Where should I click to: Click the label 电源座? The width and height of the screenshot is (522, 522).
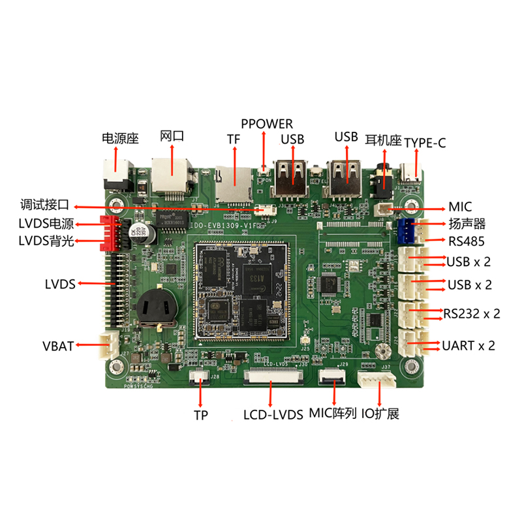click(121, 138)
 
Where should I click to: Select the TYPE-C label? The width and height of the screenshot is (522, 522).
click(425, 142)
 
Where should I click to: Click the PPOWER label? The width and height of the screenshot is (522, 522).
click(267, 124)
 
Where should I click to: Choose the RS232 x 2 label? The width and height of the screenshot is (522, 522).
click(472, 314)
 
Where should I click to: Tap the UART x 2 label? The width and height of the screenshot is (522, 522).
click(468, 345)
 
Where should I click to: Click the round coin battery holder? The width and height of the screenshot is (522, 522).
click(155, 305)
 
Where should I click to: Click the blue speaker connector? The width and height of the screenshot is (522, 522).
click(408, 229)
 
